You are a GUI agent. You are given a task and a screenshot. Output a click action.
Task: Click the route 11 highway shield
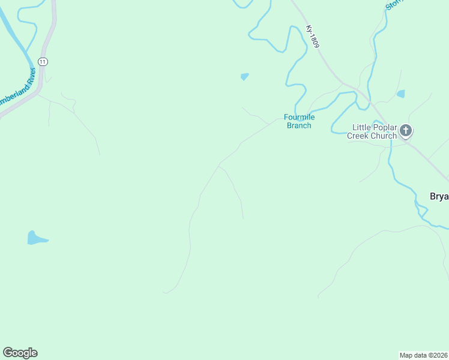[x=43, y=62]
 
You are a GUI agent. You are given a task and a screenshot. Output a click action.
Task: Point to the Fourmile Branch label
[x=298, y=121]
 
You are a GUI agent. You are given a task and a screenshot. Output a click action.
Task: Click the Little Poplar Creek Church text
[x=372, y=131]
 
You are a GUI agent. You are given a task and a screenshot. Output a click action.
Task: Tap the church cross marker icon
[x=406, y=130]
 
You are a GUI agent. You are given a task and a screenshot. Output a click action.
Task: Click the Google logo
[x=20, y=353]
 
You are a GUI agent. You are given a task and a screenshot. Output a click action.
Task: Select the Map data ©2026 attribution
[x=423, y=355]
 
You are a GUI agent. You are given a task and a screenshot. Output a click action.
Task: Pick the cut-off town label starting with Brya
[x=439, y=196]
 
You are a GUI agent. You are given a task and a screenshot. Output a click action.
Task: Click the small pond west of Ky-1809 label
[x=244, y=76]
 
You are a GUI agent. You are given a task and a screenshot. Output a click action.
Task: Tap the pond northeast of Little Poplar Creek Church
[x=400, y=94]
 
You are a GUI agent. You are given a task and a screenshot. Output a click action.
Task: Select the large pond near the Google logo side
[x=35, y=238]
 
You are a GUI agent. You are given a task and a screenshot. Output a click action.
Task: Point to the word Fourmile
[x=298, y=117]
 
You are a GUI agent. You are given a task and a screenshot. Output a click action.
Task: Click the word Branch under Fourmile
[x=298, y=125]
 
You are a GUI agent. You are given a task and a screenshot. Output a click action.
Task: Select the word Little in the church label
[x=362, y=127]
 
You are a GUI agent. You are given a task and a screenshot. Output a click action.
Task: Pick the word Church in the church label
[x=384, y=136]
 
